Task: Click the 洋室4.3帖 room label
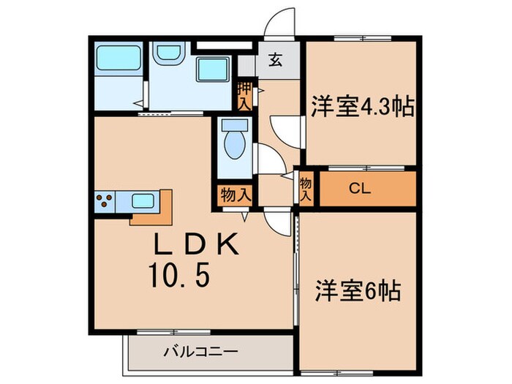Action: [x=363, y=108]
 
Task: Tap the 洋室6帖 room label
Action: [x=357, y=290]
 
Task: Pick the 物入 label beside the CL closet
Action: [x=306, y=189]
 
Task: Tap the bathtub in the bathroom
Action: [x=118, y=59]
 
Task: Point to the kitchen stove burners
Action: [x=104, y=200]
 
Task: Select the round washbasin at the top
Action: [x=168, y=53]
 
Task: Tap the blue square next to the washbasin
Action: [x=214, y=70]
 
